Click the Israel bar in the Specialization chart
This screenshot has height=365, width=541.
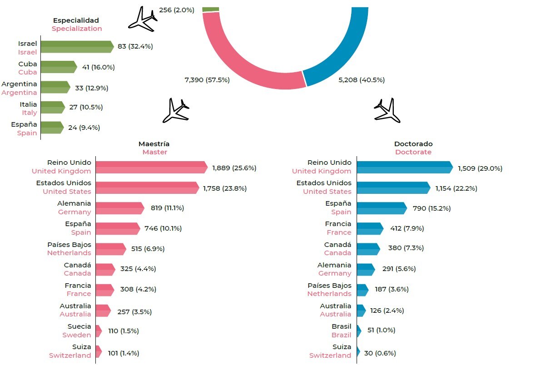coord(76,47)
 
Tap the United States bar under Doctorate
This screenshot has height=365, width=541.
coord(392,187)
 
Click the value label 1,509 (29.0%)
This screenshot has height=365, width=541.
coord(480,168)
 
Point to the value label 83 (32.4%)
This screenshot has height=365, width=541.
coord(135,46)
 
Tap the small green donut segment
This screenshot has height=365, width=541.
coord(211,9)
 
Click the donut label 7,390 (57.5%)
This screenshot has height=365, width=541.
coord(207,80)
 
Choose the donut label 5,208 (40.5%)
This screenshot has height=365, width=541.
coord(361,80)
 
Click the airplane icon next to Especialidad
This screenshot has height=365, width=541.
coord(142,19)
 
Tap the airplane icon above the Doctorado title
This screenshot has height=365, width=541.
coord(387,110)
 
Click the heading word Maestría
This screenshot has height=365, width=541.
coord(154,144)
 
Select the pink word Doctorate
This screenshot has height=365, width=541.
coord(413,152)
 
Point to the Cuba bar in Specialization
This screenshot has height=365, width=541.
coord(58,67)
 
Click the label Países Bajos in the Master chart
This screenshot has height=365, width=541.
coord(69,245)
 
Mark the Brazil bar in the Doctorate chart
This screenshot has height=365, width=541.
coord(359,330)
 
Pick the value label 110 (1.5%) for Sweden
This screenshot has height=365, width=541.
coord(124,331)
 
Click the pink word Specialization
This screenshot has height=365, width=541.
coord(76,29)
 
